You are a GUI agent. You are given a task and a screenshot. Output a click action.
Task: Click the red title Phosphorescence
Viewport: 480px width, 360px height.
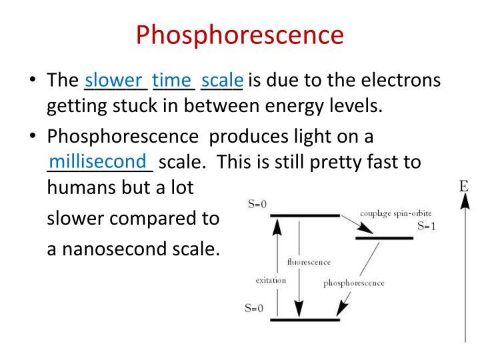click(x=240, y=35)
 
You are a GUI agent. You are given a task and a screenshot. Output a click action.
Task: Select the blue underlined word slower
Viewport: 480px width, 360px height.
click(x=114, y=81)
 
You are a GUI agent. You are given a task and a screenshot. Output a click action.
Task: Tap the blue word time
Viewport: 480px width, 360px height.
click(x=172, y=81)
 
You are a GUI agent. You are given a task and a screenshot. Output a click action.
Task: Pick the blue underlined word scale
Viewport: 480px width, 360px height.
click(x=222, y=81)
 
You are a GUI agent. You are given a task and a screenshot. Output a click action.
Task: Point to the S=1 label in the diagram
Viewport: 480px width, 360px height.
click(x=426, y=227)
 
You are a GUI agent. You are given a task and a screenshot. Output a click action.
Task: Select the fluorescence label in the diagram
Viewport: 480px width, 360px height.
click(x=309, y=262)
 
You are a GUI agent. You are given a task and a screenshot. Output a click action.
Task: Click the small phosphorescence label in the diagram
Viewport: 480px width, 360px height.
click(x=354, y=283)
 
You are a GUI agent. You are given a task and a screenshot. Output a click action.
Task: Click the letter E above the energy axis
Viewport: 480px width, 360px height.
click(x=465, y=186)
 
